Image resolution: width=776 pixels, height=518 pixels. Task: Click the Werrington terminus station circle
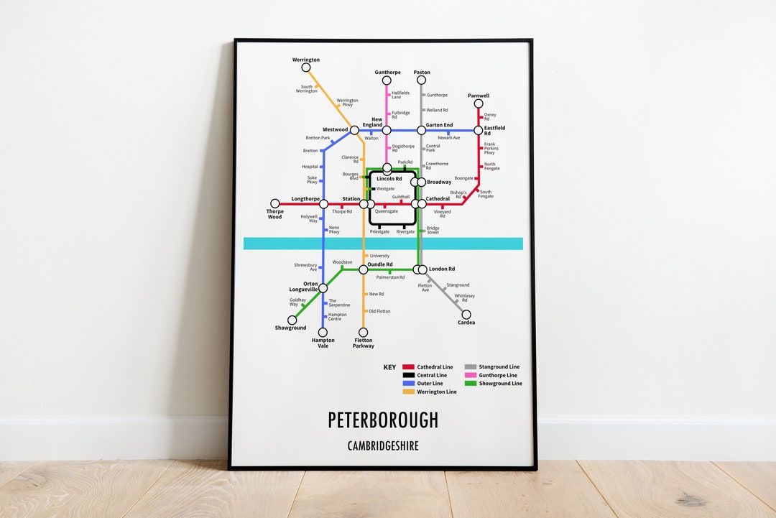[x=306, y=68]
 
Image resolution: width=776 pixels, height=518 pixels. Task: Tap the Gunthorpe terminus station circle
[x=387, y=80]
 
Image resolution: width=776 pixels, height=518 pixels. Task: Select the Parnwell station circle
[x=479, y=103]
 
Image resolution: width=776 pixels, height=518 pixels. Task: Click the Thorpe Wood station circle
[x=274, y=204]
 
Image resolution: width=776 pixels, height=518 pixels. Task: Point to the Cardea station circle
[x=466, y=315]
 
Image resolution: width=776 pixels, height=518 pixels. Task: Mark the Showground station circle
[x=292, y=320]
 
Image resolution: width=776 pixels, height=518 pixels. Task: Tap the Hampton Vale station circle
[x=323, y=333]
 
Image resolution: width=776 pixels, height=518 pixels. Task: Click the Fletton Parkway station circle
[x=363, y=333]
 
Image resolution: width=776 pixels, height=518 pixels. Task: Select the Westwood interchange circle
[x=354, y=131]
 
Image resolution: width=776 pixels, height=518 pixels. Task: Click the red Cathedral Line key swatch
[x=408, y=367]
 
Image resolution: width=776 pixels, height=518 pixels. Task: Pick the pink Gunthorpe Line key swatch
[x=471, y=375]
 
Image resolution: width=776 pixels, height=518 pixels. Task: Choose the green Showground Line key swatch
[x=471, y=384]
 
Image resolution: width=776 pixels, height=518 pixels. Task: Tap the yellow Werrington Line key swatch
[x=408, y=392]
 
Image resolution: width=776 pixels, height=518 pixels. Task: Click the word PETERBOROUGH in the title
[x=383, y=420]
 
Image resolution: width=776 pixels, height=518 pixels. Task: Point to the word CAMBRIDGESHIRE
[x=383, y=446]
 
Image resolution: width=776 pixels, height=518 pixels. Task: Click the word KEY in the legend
[x=389, y=367]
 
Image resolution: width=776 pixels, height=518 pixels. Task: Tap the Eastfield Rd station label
[x=494, y=131]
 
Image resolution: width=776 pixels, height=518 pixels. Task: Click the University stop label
[x=379, y=256]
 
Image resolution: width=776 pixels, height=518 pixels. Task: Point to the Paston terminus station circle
[x=421, y=80]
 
